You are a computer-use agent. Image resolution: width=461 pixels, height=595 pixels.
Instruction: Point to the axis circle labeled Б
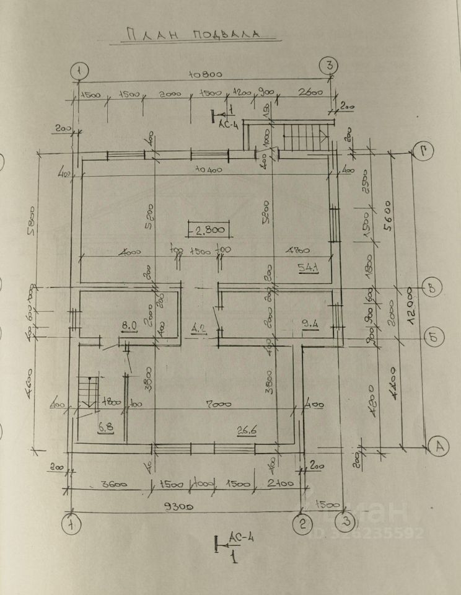click(432, 337)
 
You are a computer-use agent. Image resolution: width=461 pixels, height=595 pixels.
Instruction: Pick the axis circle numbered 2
click(302, 524)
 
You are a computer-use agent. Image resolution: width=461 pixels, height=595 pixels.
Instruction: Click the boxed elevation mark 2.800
click(192, 231)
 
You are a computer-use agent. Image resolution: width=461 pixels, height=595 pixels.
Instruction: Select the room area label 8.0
click(128, 325)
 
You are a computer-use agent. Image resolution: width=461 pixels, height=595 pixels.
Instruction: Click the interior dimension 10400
click(208, 169)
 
